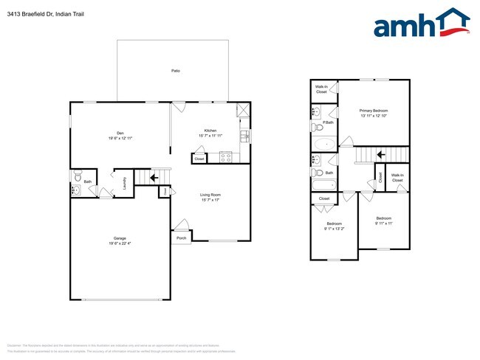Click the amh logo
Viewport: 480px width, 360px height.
pos(422,24)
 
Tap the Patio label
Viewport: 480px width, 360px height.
pos(176,71)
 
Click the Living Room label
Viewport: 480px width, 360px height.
pos(210,195)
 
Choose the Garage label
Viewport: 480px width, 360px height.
pos(120,238)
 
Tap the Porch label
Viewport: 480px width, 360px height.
pos(182,238)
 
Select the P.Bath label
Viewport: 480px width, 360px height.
pos(328,122)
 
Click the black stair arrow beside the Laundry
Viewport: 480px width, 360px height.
pos(155,177)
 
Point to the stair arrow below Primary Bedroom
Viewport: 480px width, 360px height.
pos(381,154)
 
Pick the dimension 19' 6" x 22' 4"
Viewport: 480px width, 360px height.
pos(120,243)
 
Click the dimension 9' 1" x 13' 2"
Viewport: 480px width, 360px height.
pos(335,229)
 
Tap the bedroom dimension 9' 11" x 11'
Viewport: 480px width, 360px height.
pos(384,223)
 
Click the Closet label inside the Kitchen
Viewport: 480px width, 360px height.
pos(199,159)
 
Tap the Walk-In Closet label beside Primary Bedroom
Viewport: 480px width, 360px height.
pos(322,89)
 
